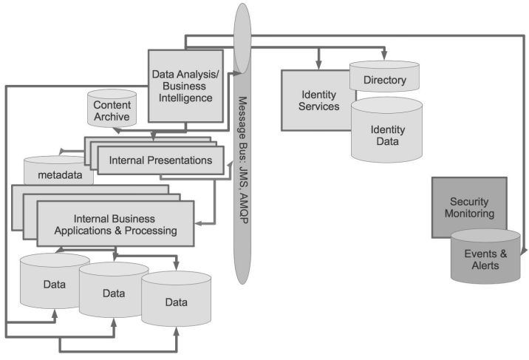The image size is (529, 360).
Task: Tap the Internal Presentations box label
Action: [x=160, y=160]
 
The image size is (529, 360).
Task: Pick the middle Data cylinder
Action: [x=113, y=293]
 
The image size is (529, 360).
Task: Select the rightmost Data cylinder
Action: [x=176, y=302]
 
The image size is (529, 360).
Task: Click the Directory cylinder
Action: [x=384, y=79]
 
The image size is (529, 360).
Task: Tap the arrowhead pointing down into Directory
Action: [x=384, y=57]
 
